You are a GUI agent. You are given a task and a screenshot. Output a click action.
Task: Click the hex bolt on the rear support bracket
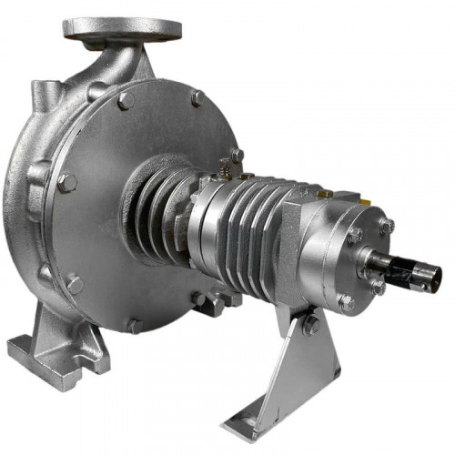click(311, 323)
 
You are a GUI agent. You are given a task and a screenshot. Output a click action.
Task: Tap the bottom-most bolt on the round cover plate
click(134, 325)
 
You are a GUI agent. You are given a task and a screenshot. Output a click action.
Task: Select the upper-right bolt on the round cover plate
click(197, 98)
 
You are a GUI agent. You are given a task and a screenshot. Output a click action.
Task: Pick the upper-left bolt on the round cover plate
click(125, 100)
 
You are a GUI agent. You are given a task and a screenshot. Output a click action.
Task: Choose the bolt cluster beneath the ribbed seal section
click(209, 300)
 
